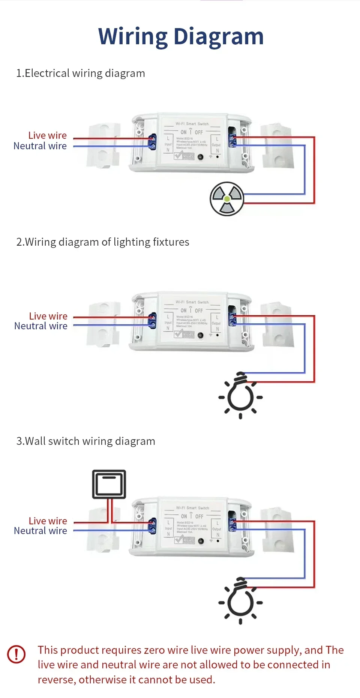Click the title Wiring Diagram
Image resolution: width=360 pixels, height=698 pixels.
click(181, 36)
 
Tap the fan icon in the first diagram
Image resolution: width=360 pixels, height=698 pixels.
click(227, 199)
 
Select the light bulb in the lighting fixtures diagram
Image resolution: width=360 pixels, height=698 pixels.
click(240, 395)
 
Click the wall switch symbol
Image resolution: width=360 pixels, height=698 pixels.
click(109, 484)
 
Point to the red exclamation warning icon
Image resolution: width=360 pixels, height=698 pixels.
click(16, 654)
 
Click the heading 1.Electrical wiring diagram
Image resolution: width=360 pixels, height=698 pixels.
click(80, 73)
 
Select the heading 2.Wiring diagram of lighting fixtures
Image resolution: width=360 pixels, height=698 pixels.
click(102, 242)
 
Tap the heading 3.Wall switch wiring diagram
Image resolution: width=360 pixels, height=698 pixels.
click(85, 441)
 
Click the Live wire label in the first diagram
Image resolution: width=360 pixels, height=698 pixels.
click(47, 135)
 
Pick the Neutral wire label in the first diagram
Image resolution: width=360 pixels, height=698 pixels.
click(40, 146)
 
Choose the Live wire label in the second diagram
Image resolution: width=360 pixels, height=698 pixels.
click(48, 316)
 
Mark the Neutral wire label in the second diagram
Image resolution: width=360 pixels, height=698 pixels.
click(41, 326)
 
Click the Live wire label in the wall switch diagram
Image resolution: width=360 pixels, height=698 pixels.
click(48, 521)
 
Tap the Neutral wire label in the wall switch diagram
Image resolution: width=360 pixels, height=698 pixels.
click(40, 531)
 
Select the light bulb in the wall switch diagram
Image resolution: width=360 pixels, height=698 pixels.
click(240, 601)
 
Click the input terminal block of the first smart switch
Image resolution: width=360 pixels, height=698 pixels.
click(152, 142)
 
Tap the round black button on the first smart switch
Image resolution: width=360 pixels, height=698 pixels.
click(200, 157)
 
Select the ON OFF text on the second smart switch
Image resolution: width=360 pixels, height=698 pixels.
click(191, 311)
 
